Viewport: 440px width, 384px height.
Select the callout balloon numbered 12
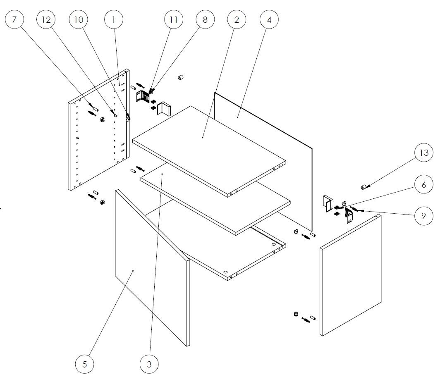coord(46,19)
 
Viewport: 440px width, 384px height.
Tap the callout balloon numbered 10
coord(78,19)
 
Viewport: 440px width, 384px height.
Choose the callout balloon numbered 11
coord(173,19)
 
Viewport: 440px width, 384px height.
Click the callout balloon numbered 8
coord(205,19)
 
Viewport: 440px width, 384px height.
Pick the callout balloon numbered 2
coord(237,19)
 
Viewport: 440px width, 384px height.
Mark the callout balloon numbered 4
coord(269,19)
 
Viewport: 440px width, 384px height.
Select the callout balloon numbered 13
coord(424,153)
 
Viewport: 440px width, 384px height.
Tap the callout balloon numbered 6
coord(424,184)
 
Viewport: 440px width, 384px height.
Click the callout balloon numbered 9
coord(424,215)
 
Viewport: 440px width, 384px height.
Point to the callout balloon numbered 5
coord(84,364)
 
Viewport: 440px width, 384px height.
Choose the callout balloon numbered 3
coord(149,364)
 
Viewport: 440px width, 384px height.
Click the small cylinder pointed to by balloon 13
coord(364,187)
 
